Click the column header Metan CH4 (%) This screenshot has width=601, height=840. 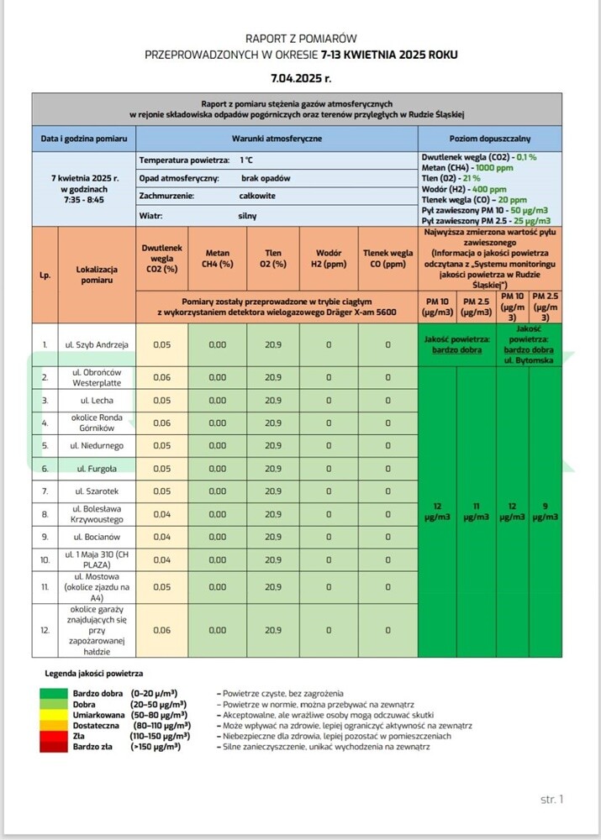[x=218, y=259]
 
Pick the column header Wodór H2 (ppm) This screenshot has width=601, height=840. [x=329, y=259]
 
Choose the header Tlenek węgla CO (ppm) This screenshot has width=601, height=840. [x=387, y=259]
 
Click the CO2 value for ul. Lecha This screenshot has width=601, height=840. [x=161, y=401]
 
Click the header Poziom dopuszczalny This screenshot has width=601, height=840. [x=490, y=138]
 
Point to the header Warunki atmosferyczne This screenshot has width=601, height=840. [x=277, y=138]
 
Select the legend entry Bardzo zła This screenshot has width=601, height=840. [x=92, y=746]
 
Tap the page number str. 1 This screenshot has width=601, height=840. [x=551, y=799]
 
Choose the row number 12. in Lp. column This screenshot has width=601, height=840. [x=45, y=629]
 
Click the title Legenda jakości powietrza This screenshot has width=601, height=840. [x=93, y=674]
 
